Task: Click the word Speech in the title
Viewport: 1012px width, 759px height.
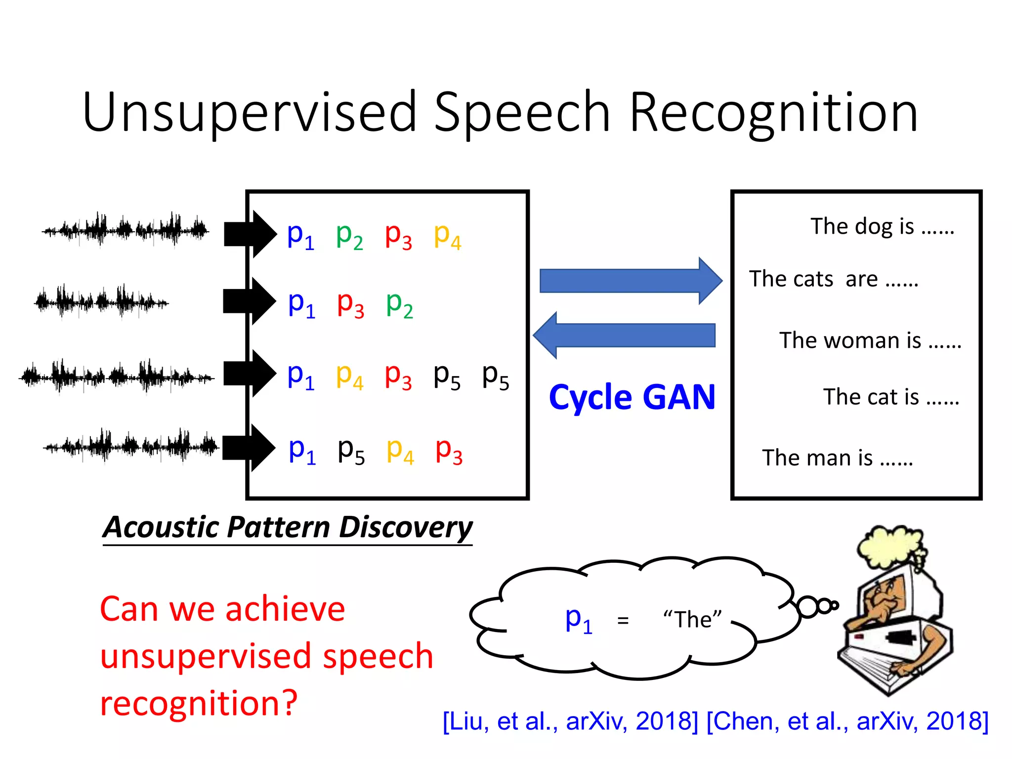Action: (x=521, y=113)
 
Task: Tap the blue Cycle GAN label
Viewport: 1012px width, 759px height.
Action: (x=632, y=397)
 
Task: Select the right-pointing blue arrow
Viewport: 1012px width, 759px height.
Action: (x=630, y=281)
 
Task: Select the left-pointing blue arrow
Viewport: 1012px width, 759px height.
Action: (x=625, y=336)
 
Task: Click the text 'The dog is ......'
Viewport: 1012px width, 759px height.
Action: (x=882, y=226)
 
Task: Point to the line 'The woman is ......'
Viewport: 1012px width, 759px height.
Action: (x=870, y=340)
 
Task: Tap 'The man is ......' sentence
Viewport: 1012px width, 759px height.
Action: (x=838, y=458)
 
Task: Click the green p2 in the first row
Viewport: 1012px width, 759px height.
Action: (x=349, y=236)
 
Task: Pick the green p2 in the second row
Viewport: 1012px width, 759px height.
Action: (x=399, y=304)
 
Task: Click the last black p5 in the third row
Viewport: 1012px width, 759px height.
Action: (x=495, y=377)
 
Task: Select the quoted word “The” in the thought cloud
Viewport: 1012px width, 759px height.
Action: (x=692, y=620)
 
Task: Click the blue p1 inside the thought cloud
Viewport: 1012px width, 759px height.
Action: (x=578, y=620)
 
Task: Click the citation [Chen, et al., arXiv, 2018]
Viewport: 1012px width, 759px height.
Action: (x=847, y=721)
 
